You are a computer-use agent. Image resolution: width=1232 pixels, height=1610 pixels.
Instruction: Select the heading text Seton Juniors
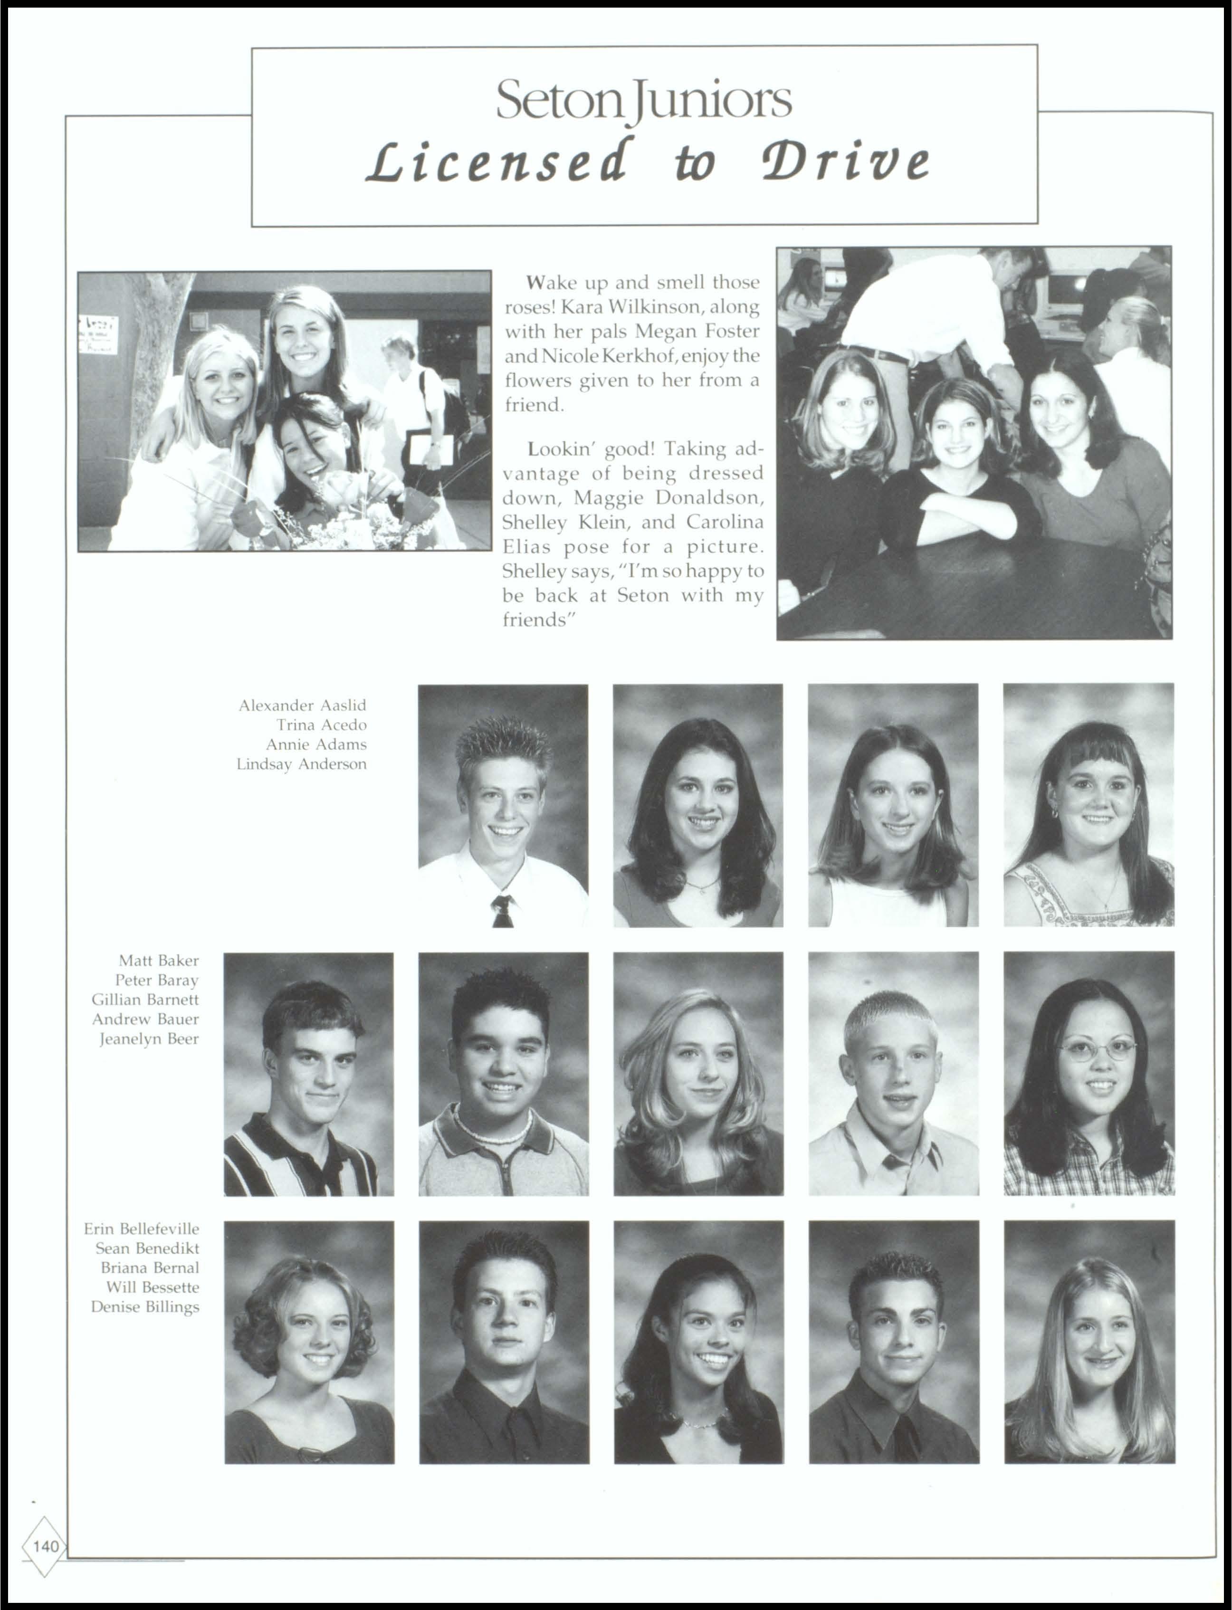644,100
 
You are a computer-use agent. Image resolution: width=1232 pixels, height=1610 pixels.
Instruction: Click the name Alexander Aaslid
302,705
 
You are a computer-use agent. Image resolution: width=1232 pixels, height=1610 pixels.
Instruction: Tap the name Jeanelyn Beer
149,1039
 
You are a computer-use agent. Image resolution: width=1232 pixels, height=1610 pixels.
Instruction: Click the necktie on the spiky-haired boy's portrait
502,911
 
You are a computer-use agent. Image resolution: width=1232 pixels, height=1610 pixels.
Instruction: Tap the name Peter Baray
157,980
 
